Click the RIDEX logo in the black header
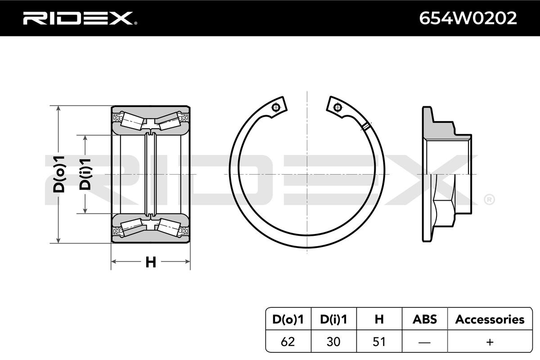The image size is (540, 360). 80,18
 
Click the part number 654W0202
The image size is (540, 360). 468,18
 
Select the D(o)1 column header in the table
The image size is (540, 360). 288,319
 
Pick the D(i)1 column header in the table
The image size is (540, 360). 333,319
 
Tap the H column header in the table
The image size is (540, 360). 379,319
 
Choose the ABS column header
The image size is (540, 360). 424,319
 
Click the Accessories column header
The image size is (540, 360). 490,319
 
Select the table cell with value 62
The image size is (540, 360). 288,342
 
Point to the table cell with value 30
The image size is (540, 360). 333,342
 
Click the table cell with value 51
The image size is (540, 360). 379,342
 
